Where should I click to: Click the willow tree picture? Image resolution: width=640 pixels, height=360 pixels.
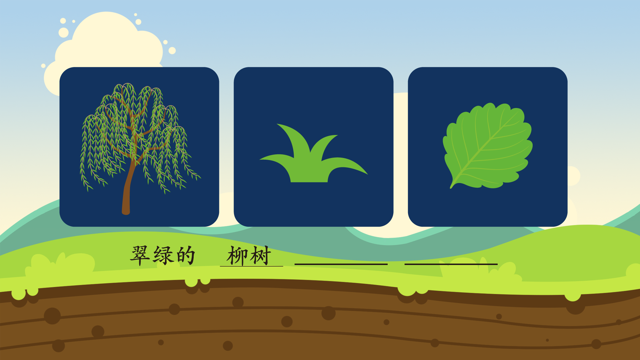139,148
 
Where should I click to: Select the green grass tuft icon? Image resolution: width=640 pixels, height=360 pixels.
313,153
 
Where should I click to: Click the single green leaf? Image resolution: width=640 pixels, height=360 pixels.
487,146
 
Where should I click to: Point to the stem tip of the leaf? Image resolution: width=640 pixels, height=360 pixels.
451,187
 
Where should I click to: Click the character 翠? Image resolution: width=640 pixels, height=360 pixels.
140,256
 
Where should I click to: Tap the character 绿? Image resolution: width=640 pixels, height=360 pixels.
163,256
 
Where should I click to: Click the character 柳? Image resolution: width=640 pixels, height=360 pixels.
237,256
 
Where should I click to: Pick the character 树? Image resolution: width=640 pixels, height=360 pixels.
260,256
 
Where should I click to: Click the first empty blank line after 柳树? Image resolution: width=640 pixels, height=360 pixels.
341,264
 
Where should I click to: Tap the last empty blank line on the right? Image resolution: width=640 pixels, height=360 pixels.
451,264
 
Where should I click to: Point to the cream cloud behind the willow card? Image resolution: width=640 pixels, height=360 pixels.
107,43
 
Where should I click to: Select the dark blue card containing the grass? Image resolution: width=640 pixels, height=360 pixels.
313,147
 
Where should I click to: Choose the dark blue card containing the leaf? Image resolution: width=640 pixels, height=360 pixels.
488,147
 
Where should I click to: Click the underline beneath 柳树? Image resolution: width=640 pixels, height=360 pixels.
251,266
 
